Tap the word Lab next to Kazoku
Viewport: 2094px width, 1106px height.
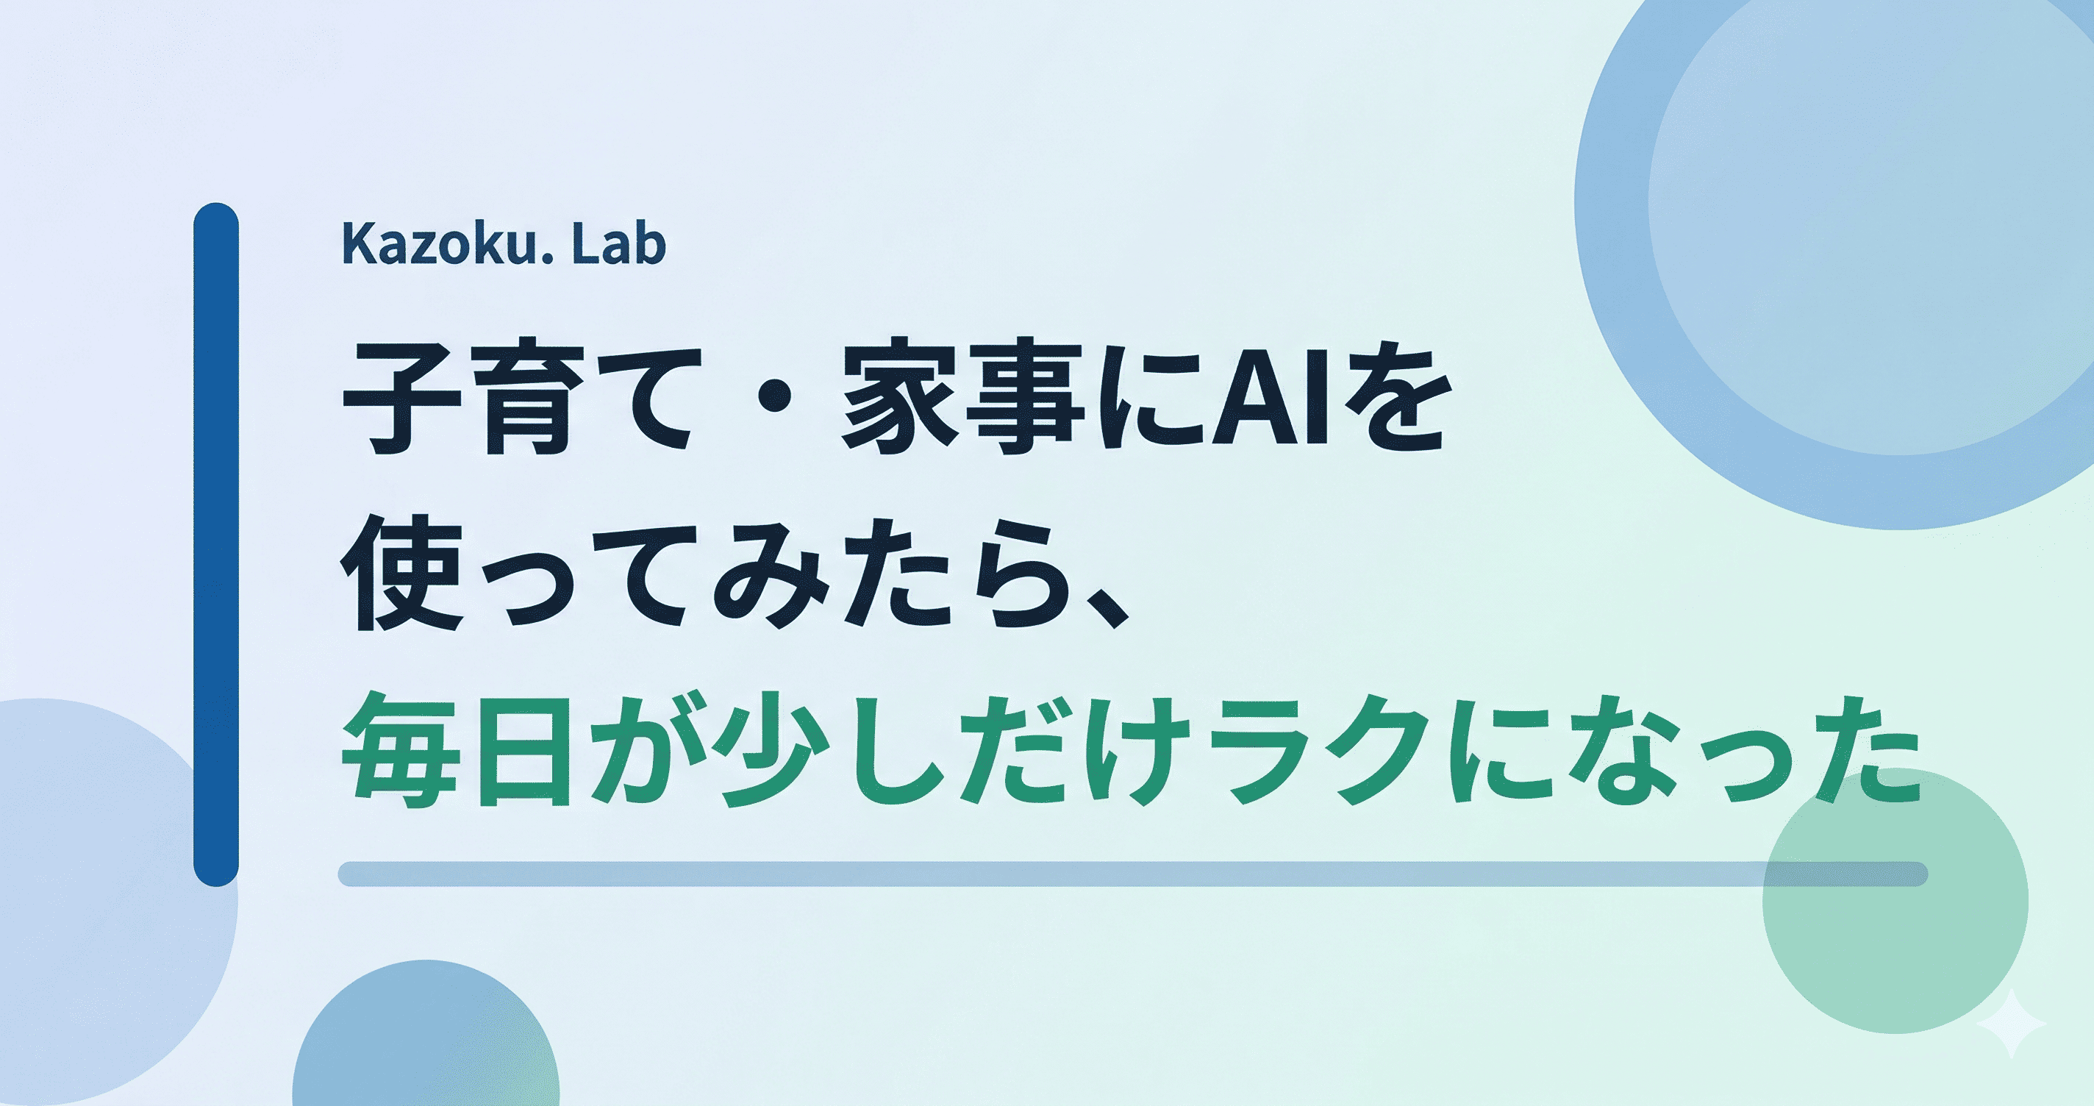618,244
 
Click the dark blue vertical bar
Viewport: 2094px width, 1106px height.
216,544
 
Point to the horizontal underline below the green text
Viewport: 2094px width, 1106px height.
1133,874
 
